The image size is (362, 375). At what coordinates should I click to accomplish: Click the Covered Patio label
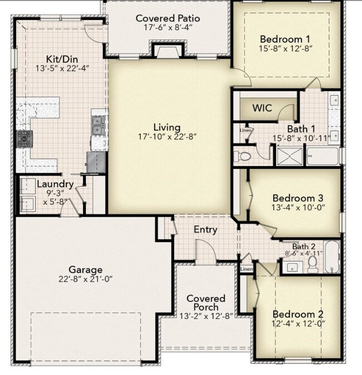(x=168, y=18)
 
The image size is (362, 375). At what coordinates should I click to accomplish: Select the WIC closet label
(x=262, y=108)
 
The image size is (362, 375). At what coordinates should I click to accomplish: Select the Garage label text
(x=85, y=269)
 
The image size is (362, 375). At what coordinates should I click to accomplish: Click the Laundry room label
(x=55, y=184)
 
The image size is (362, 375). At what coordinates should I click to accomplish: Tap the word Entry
(x=205, y=230)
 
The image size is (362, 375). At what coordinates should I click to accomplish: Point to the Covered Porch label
(x=206, y=303)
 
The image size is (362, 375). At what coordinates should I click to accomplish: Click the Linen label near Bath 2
(x=246, y=269)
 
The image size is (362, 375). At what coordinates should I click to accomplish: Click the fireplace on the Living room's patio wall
(x=167, y=52)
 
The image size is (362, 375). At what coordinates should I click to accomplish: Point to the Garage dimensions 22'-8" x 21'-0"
(x=85, y=279)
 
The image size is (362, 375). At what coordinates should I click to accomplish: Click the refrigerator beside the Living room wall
(x=96, y=162)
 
